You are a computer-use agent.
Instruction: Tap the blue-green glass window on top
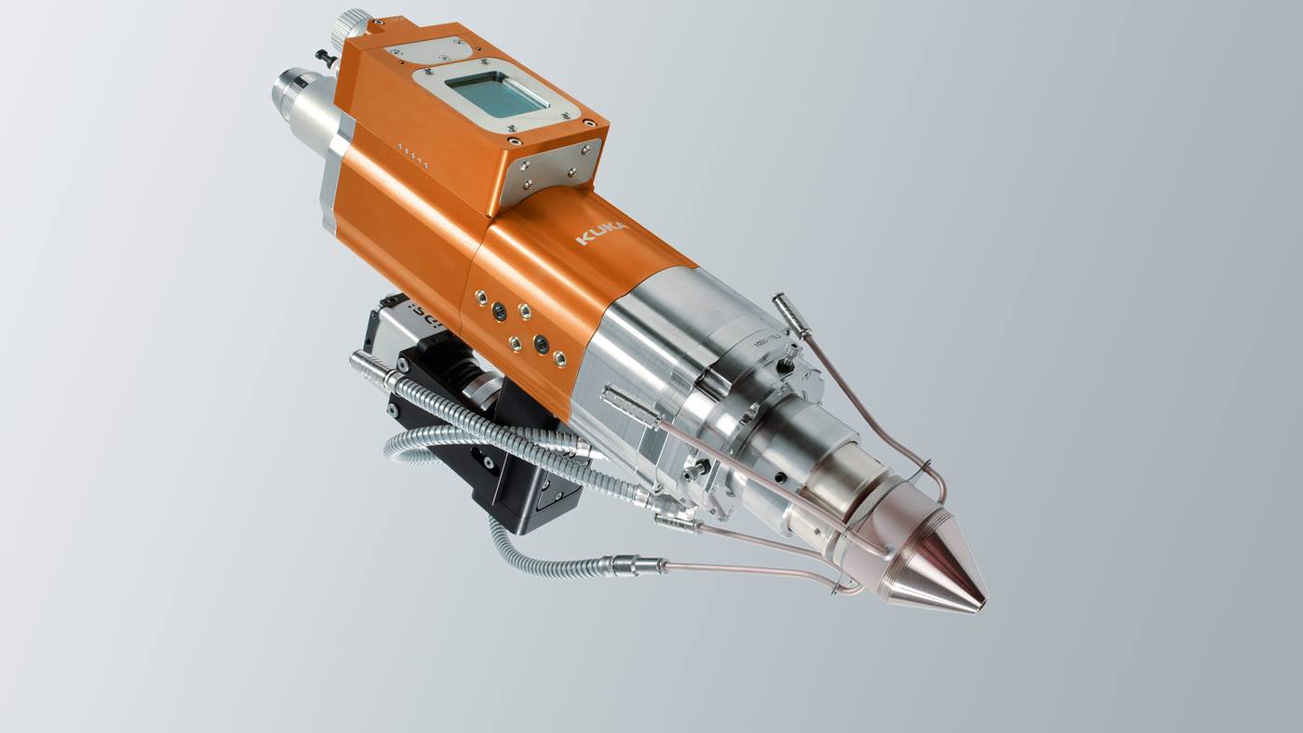tap(492, 95)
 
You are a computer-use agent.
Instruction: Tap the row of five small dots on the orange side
tap(413, 154)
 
